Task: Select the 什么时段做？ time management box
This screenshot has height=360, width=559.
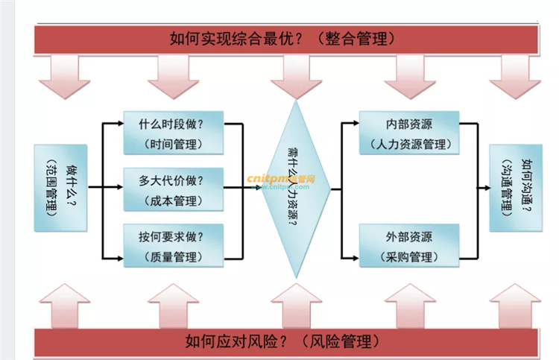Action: tap(172, 133)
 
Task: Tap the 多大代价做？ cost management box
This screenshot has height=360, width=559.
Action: tap(172, 189)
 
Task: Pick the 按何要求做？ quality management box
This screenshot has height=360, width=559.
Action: tap(172, 246)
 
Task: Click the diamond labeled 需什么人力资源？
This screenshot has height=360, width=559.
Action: tap(297, 189)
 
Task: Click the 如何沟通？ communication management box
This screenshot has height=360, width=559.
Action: tap(516, 188)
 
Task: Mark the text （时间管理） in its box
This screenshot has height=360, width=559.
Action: tap(172, 143)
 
